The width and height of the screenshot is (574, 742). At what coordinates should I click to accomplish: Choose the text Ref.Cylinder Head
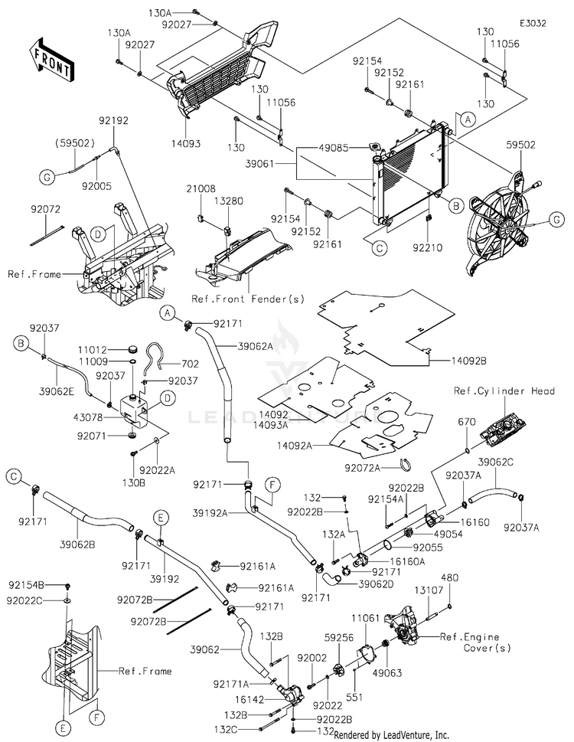[514, 391]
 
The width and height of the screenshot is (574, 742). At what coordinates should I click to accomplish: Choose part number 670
[467, 421]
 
